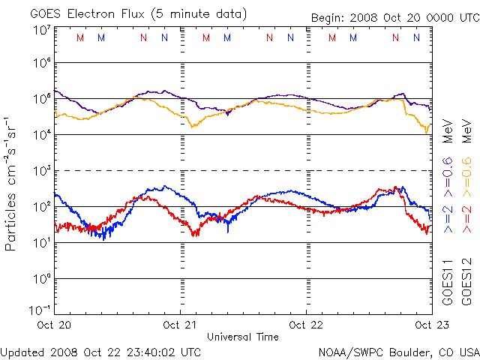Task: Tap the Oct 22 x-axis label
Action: coord(307,325)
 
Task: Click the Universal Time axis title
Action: coord(243,337)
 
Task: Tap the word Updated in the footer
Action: coord(22,351)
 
